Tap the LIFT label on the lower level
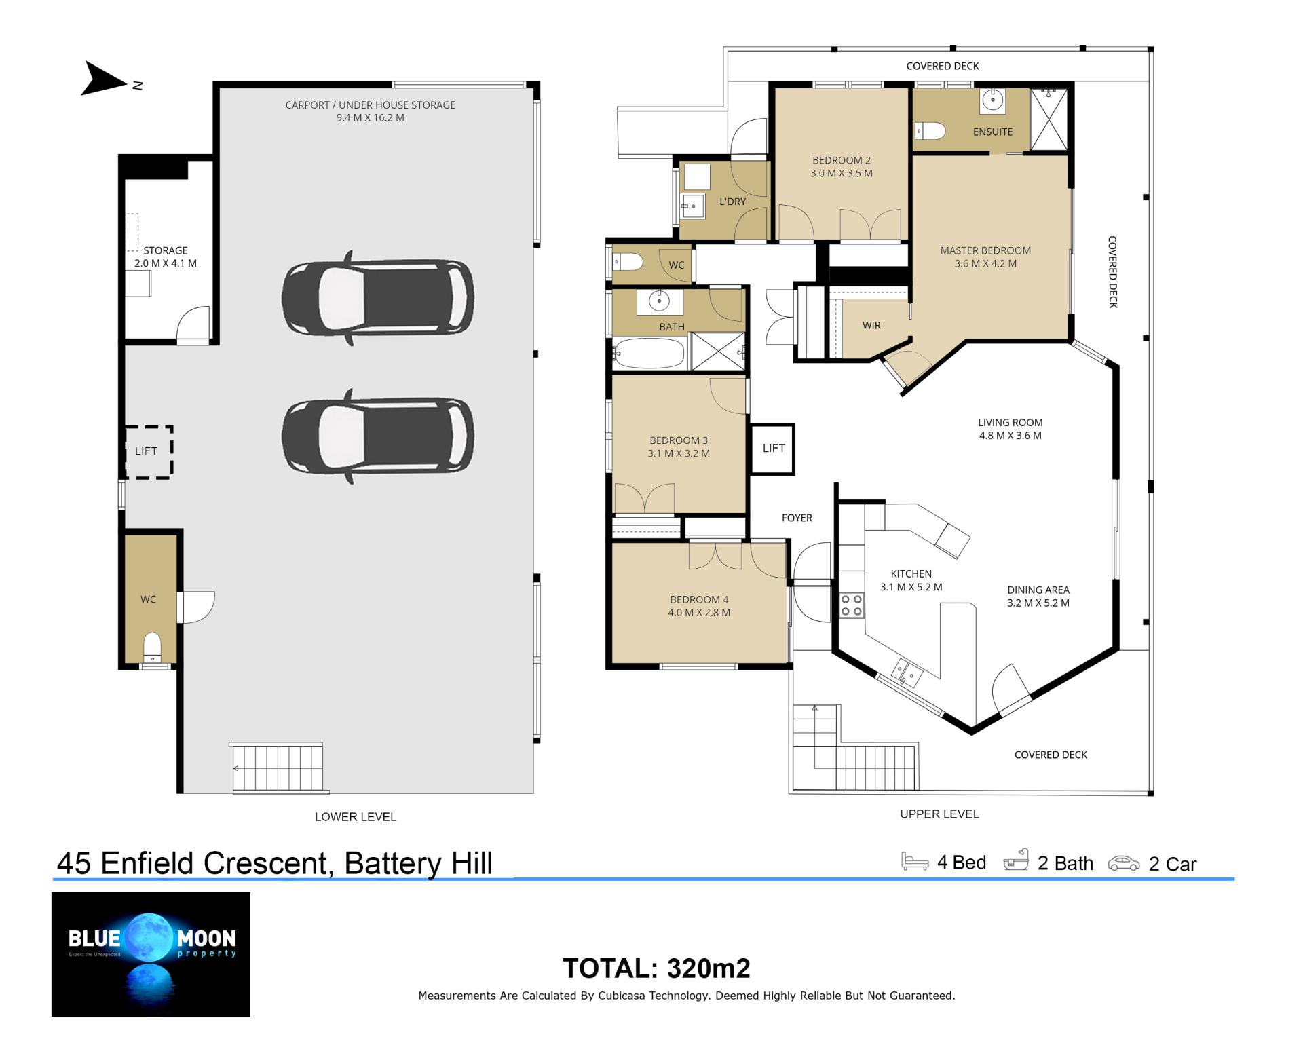click(146, 451)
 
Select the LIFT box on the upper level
click(773, 449)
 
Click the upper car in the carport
click(378, 298)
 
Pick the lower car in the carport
click(378, 436)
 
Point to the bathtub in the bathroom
click(649, 354)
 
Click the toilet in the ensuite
click(930, 130)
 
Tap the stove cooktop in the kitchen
click(852, 605)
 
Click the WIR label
click(871, 326)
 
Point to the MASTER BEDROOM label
click(985, 250)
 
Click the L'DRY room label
click(732, 202)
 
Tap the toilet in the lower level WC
click(153, 647)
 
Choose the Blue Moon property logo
click(151, 954)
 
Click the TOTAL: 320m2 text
click(656, 968)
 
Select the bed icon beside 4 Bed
click(914, 861)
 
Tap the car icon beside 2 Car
click(1124, 863)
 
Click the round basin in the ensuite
click(993, 100)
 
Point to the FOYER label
click(797, 518)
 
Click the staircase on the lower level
click(278, 768)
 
